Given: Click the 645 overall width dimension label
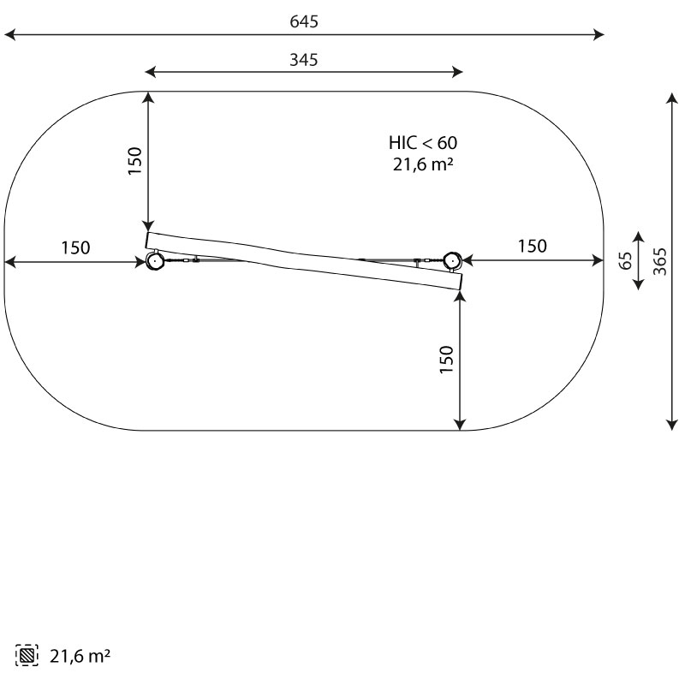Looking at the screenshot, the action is [x=304, y=21].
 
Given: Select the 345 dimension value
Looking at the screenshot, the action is [x=304, y=60].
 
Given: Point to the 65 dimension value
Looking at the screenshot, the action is [x=626, y=261].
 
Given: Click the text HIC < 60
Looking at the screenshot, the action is [x=423, y=143].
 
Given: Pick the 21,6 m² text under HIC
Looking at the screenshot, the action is [x=423, y=164].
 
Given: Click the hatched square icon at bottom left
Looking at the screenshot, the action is [x=27, y=655].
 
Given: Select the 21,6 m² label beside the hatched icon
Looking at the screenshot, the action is [x=80, y=656].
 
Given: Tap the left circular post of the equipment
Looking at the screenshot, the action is [x=154, y=261].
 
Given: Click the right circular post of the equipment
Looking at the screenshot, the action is [x=452, y=261].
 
